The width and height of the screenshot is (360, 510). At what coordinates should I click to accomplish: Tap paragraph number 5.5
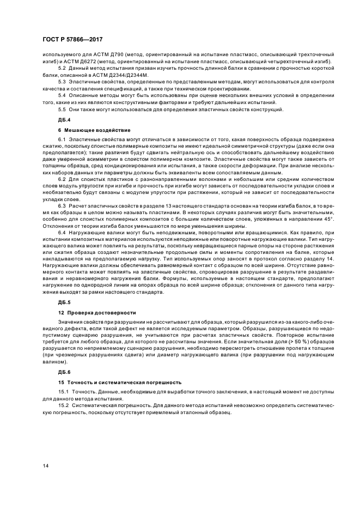[62, 108]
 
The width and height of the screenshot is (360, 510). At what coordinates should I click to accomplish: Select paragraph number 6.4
[62, 233]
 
